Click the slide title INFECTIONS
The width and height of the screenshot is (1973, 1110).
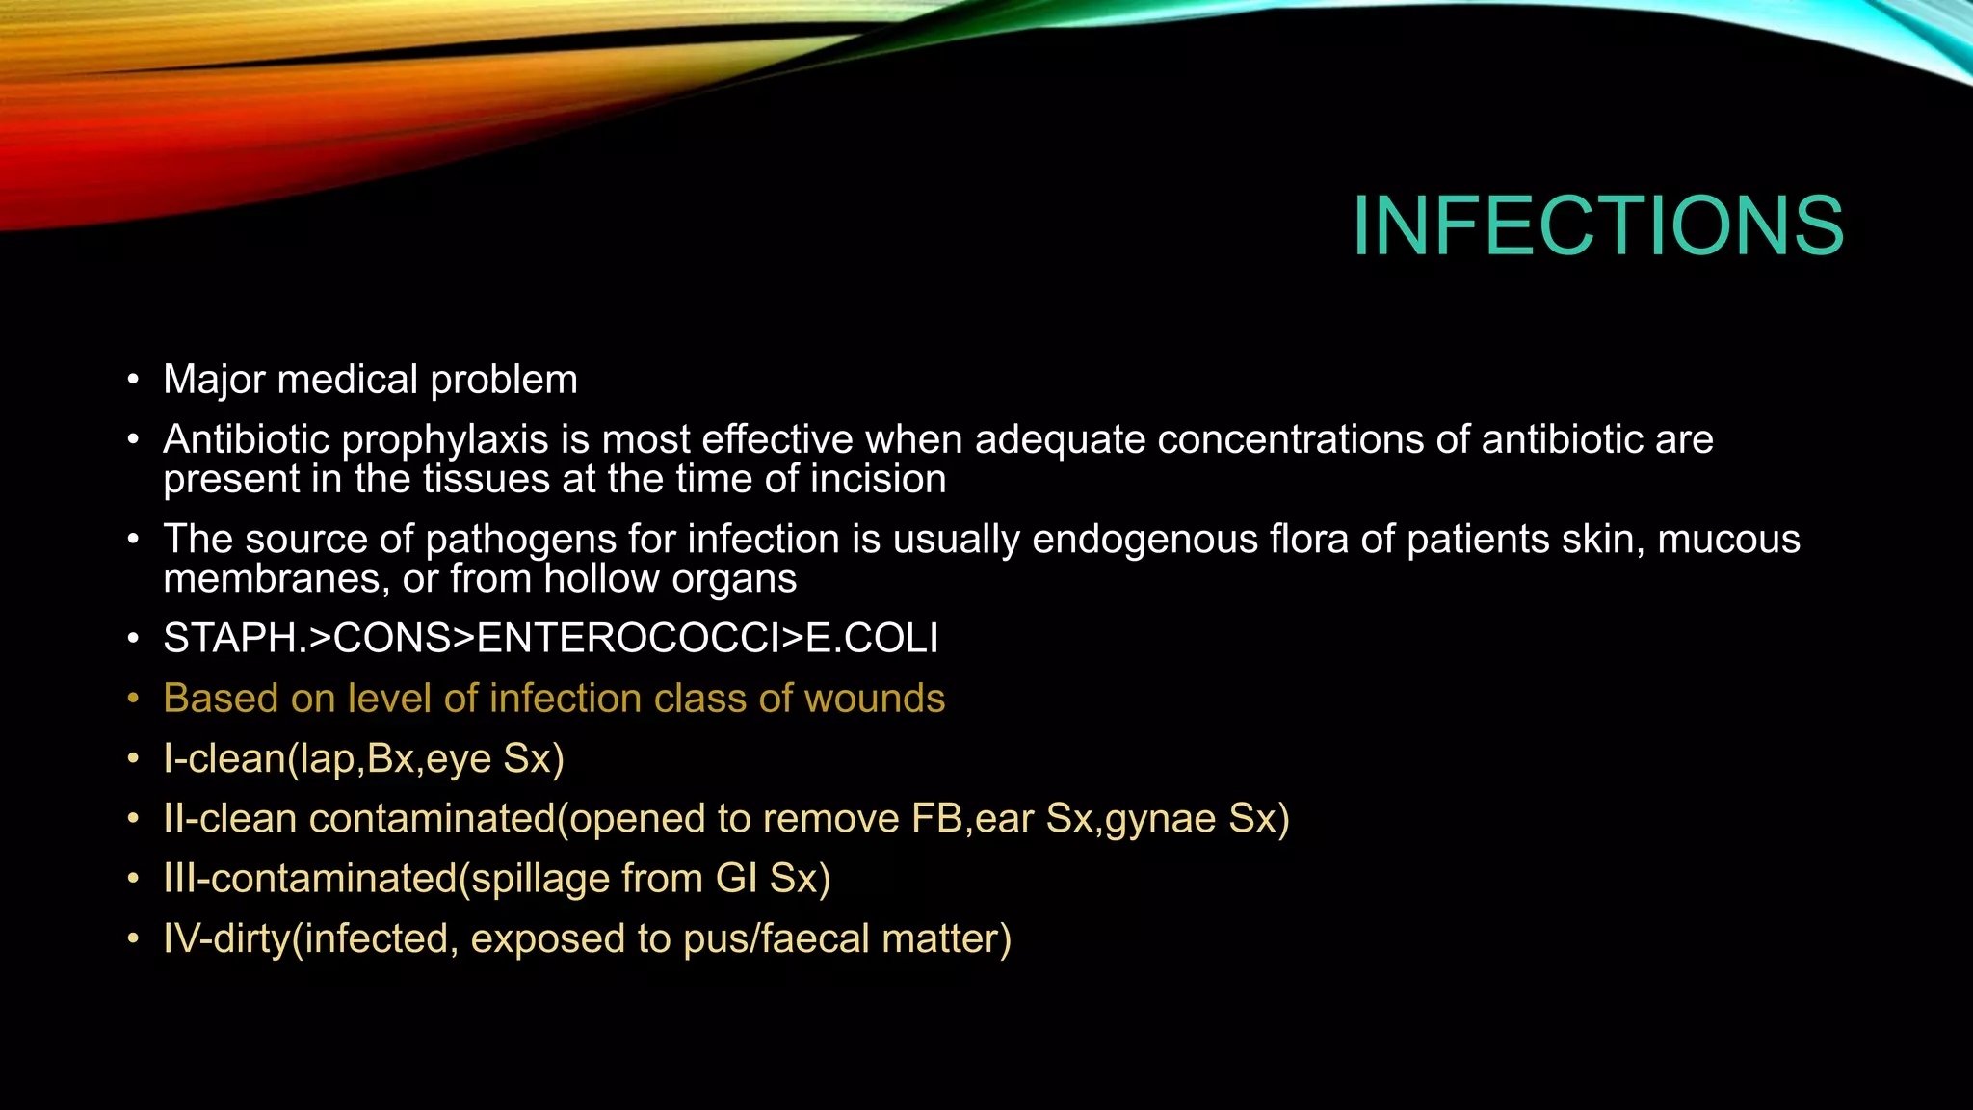1597,226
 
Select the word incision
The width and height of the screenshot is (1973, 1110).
878,480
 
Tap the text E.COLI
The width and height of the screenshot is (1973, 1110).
872,639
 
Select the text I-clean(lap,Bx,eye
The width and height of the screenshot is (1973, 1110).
328,759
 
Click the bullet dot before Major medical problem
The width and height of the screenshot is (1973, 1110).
134,381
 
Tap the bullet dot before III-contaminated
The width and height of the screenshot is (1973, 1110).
134,880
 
